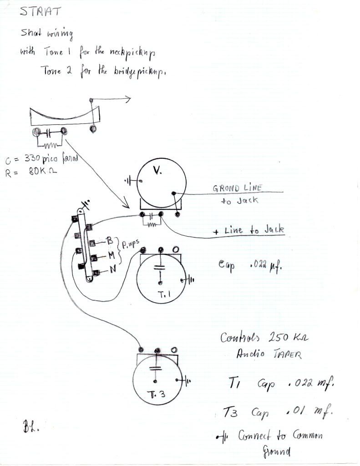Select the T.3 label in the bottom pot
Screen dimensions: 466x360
point(155,394)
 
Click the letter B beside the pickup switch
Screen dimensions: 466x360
point(109,240)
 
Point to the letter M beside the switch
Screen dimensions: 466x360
point(111,256)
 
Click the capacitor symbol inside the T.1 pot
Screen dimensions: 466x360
point(159,268)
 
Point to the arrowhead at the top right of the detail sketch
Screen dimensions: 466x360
point(129,99)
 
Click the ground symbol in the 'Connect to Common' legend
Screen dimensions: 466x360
point(221,437)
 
